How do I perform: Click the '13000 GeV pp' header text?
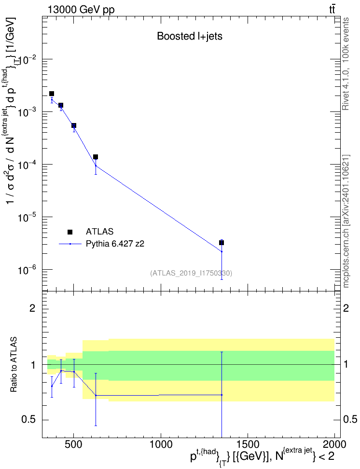(81, 10)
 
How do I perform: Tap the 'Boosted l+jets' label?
(190, 36)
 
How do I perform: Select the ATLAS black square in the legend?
(70, 232)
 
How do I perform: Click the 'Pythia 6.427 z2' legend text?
(115, 244)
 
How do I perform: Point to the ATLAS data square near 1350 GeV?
(222, 243)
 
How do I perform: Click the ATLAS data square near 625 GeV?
(96, 157)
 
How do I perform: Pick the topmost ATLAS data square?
(52, 94)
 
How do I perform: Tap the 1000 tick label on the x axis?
(161, 444)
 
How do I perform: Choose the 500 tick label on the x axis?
(74, 444)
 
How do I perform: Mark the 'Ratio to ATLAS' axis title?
(14, 365)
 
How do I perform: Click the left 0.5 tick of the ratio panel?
(28, 420)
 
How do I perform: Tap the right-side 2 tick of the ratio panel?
(346, 308)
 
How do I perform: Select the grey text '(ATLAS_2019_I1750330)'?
(191, 273)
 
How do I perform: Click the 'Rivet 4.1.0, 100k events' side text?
(346, 64)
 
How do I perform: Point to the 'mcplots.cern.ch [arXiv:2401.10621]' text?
(346, 221)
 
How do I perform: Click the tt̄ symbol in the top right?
(332, 10)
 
